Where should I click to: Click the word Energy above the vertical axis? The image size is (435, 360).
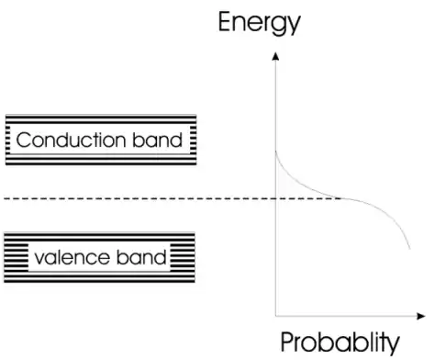tap(259, 21)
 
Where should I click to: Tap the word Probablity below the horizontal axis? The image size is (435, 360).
tap(340, 343)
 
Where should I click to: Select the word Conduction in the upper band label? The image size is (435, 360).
tap(72, 141)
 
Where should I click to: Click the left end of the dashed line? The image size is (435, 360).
tap(3, 199)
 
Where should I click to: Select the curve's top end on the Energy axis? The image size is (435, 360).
tap(276, 149)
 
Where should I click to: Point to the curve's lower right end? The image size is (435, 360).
tap(409, 249)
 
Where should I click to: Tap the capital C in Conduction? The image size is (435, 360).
tap(24, 141)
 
